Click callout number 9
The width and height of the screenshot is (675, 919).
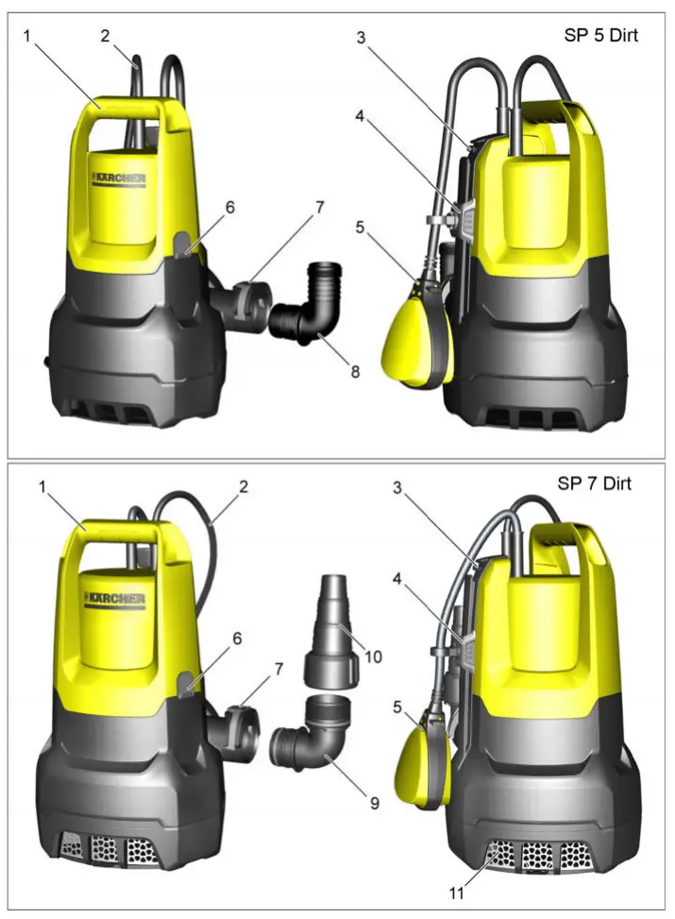374,803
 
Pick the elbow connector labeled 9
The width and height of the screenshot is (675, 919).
312,746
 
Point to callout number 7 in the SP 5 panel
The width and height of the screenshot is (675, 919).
319,206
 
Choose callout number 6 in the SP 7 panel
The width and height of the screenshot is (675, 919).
236,638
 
